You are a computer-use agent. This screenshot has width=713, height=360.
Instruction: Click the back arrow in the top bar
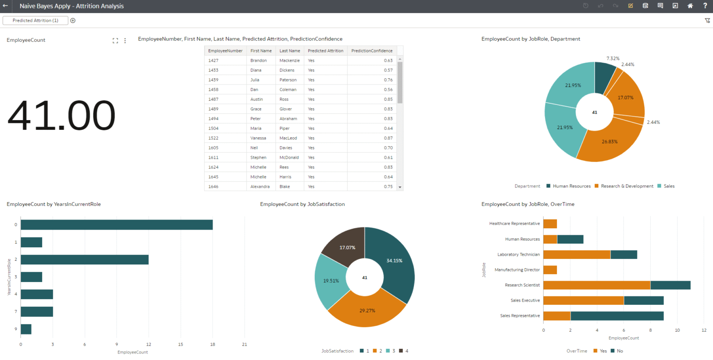pos(6,6)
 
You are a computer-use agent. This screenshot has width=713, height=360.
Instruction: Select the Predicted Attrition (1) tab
pos(35,20)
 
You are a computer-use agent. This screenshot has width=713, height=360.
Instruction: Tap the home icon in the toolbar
pos(690,6)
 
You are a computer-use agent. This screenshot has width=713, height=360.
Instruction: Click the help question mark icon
pos(705,6)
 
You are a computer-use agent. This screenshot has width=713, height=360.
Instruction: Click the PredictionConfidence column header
pos(372,51)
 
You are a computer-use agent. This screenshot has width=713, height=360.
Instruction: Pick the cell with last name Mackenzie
pos(290,60)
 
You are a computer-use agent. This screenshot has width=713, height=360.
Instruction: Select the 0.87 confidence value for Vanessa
pos(388,138)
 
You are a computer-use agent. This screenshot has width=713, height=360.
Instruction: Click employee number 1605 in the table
pos(214,148)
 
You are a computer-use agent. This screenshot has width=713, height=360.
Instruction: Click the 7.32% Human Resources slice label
pos(613,58)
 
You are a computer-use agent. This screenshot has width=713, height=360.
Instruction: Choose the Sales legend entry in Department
pos(669,186)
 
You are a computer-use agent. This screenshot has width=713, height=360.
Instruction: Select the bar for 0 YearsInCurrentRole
pos(117,225)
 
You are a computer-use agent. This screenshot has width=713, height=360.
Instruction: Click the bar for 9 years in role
pos(26,329)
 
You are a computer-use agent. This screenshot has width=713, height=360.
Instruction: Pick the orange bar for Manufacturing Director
pos(550,270)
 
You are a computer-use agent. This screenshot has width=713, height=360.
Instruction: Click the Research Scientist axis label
pos(522,285)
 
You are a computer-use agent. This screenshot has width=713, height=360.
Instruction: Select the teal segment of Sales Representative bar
pos(617,315)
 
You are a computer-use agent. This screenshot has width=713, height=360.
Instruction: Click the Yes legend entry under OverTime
pos(600,351)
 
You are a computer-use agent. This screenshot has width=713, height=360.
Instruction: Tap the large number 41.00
pos(61,116)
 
